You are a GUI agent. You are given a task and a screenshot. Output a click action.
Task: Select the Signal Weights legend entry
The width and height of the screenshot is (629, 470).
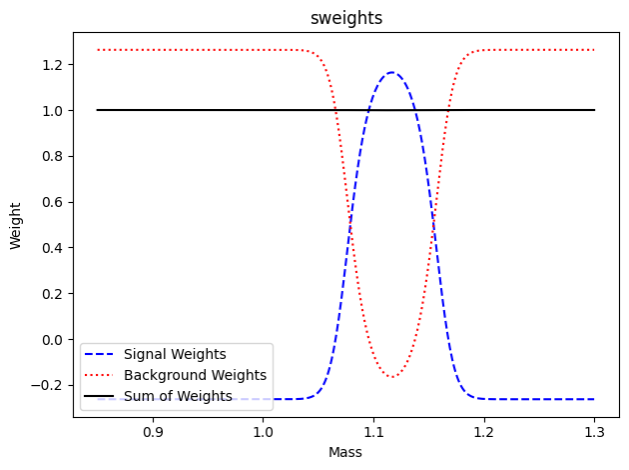(175, 354)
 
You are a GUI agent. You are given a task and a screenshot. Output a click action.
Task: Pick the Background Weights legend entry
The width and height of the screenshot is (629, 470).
(195, 375)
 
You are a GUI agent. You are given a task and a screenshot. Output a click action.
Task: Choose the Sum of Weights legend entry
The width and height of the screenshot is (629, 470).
(178, 396)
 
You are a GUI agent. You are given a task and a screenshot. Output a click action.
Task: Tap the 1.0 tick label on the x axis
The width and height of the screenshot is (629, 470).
(264, 433)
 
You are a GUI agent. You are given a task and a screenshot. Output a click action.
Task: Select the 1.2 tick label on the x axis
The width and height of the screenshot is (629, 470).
(484, 433)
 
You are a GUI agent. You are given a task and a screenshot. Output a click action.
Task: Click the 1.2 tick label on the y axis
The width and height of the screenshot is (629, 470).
(53, 65)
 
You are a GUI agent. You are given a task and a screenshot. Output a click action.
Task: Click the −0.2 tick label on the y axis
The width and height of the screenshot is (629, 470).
(49, 386)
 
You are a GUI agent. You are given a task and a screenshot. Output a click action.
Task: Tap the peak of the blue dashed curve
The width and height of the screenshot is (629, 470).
(391, 72)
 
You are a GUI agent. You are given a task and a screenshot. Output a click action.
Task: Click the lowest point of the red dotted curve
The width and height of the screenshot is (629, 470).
(391, 377)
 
